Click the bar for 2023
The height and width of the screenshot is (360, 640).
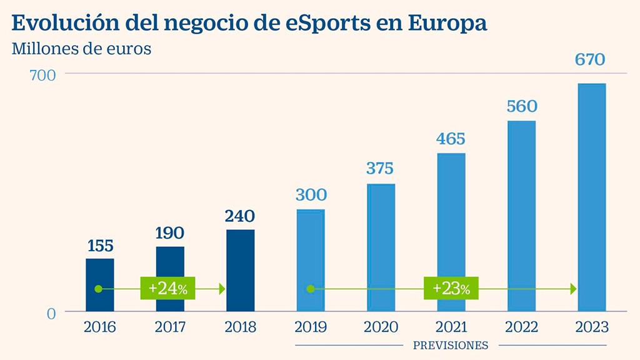tap(591, 197)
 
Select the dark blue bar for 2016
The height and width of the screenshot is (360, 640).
tap(100, 284)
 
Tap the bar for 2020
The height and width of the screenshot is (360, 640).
tap(381, 247)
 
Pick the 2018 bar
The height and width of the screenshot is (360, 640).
tap(241, 270)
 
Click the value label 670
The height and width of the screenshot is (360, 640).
tap(591, 61)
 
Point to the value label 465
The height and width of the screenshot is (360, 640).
tap(451, 139)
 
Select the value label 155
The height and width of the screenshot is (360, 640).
tap(100, 246)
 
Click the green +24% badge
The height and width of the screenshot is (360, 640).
tap(168, 289)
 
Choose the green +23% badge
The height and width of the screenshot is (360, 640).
tap(451, 289)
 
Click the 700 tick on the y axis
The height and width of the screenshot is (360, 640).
tap(42, 74)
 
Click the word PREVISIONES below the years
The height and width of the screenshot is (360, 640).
tap(451, 345)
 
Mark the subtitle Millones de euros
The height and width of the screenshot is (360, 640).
tap(81, 49)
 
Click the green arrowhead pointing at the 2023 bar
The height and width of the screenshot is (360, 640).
tap(572, 289)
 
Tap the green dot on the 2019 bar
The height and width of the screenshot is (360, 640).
tap(310, 289)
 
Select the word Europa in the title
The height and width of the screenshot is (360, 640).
tap(448, 22)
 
